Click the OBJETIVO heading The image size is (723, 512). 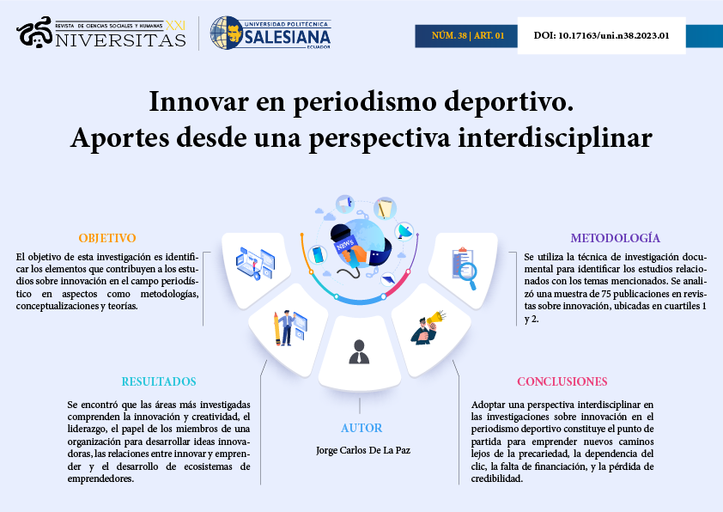(x=107, y=238)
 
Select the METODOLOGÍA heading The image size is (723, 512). (x=615, y=238)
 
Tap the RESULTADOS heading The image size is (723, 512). (x=159, y=381)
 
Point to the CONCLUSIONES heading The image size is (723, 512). (x=562, y=381)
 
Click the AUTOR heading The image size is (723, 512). (x=361, y=428)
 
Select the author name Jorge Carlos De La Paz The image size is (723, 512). (x=363, y=450)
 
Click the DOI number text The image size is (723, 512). (x=601, y=35)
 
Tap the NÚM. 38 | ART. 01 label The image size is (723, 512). (x=468, y=35)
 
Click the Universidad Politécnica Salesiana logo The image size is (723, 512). (x=270, y=33)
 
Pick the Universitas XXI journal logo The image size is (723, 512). (x=101, y=33)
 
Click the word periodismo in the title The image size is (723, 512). (x=365, y=102)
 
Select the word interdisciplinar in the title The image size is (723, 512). (x=556, y=138)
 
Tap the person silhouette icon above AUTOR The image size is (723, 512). (x=359, y=352)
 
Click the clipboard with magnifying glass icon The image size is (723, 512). (x=464, y=268)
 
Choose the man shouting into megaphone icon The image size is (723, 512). (x=428, y=327)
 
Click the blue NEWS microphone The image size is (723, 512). (x=349, y=246)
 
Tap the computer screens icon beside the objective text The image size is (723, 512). (x=255, y=264)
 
